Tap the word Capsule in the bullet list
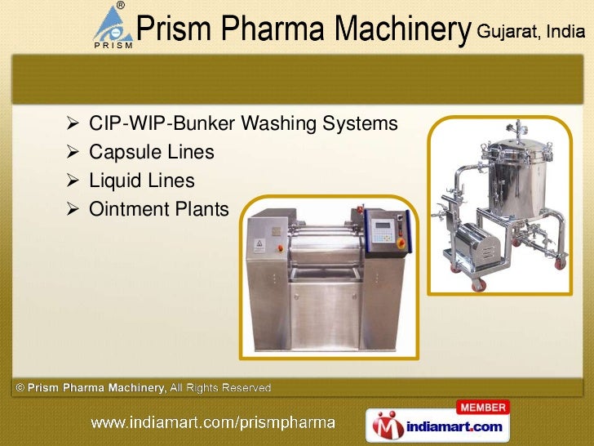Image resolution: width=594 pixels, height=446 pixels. click(x=121, y=153)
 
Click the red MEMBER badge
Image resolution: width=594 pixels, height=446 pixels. click(x=484, y=407)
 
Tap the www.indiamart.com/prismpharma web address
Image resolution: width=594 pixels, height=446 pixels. click(x=212, y=423)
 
